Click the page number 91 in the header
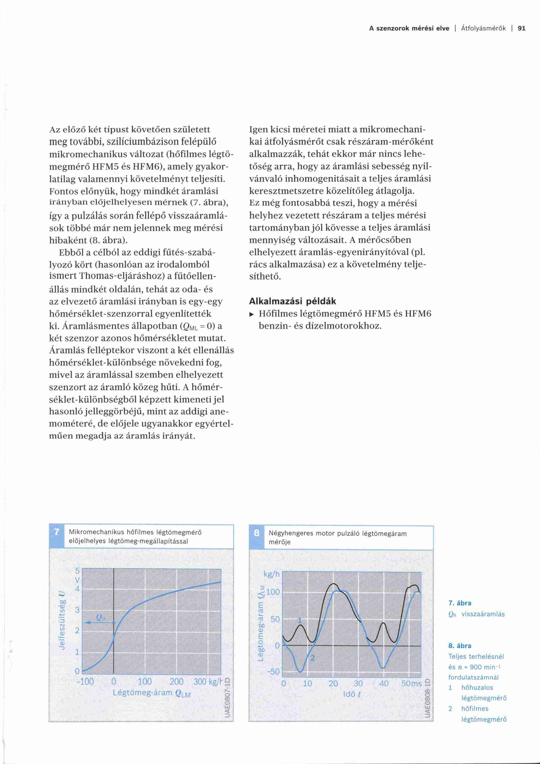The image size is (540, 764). click(521, 28)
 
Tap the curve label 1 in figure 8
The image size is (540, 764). click(299, 620)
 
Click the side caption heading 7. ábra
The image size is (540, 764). click(459, 603)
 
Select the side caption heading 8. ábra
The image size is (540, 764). click(459, 645)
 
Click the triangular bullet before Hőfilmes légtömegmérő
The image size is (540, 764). click(252, 314)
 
